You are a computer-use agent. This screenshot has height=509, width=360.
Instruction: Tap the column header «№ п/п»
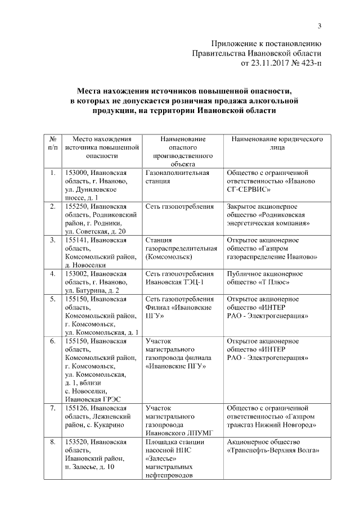[52, 143]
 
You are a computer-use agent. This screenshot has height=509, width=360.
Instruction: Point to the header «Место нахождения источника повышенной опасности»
[101, 148]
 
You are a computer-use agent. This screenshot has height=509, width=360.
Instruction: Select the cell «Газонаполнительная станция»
[177, 177]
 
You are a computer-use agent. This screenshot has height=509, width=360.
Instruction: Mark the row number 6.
[52, 341]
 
